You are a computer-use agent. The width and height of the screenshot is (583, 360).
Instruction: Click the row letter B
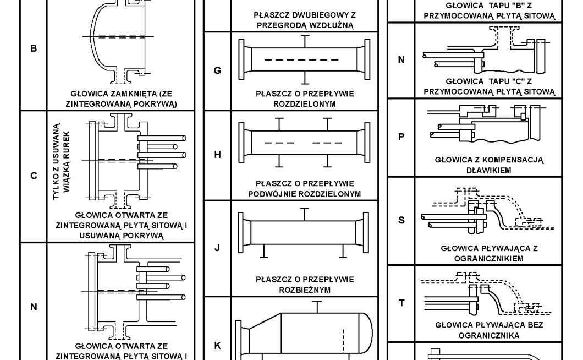point(34,48)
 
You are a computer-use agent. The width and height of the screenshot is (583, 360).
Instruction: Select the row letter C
point(34,176)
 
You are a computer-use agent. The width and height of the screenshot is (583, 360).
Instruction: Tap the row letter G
point(217,71)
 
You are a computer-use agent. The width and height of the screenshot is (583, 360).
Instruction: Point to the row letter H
point(217,155)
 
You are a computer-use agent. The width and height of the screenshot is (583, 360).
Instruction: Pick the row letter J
point(217,248)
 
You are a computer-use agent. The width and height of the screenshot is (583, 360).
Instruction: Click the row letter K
point(217,346)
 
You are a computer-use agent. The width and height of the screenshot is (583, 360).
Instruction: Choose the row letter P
point(401,137)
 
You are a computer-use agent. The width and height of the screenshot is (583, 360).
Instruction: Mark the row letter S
point(401,220)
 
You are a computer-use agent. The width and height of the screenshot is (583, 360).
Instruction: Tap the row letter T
point(401,303)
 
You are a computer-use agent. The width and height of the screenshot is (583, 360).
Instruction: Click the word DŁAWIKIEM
point(488,170)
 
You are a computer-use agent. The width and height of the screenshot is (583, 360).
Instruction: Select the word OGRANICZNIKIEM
point(488,258)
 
